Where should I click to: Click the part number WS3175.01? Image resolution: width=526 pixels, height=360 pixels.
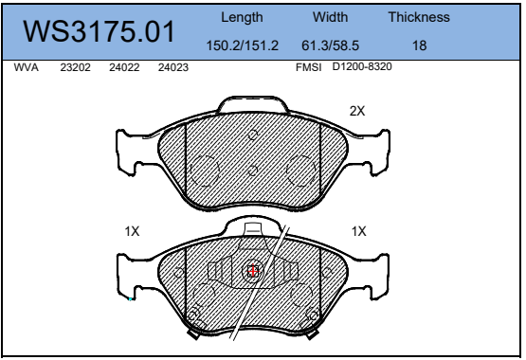tap(99, 31)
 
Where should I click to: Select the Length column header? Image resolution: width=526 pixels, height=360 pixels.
tap(242, 18)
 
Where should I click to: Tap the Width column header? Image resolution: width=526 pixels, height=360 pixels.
tap(330, 17)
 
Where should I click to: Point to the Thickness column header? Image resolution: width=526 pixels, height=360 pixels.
tap(419, 17)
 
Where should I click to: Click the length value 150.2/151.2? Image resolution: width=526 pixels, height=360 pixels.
tap(243, 45)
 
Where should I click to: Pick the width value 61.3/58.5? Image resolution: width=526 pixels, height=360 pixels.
tap(330, 45)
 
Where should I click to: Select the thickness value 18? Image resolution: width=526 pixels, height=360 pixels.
tap(419, 45)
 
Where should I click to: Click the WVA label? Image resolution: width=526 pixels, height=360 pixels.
tap(27, 67)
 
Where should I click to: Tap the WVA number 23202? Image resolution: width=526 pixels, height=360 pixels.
tap(75, 67)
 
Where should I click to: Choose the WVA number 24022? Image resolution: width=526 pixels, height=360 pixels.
tap(124, 67)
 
